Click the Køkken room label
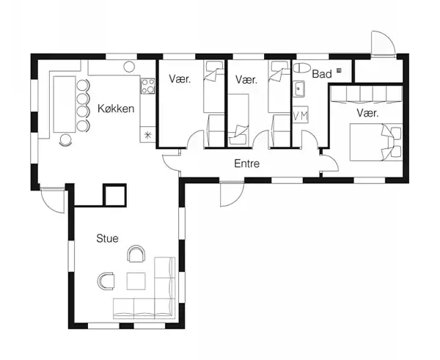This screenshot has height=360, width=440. [x=115, y=109]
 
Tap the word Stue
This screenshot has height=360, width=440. [x=107, y=238]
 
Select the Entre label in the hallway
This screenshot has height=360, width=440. [x=247, y=164]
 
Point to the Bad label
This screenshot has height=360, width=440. [x=322, y=74]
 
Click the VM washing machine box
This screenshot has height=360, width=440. [x=301, y=116]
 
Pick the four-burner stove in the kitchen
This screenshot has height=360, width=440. [x=147, y=87]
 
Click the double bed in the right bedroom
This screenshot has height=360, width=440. [x=376, y=142]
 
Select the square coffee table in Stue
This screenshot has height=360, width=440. [x=137, y=281]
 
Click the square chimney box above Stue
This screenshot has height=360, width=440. [x=115, y=194]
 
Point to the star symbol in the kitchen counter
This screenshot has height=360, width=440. [x=147, y=135]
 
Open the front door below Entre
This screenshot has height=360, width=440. [x=230, y=192]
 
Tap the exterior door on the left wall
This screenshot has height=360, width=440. [x=53, y=199]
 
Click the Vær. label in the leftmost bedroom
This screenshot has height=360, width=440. [x=180, y=78]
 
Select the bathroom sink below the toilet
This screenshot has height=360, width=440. [x=300, y=90]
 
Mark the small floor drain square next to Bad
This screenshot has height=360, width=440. [x=339, y=70]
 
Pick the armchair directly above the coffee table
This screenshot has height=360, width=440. [x=136, y=254]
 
